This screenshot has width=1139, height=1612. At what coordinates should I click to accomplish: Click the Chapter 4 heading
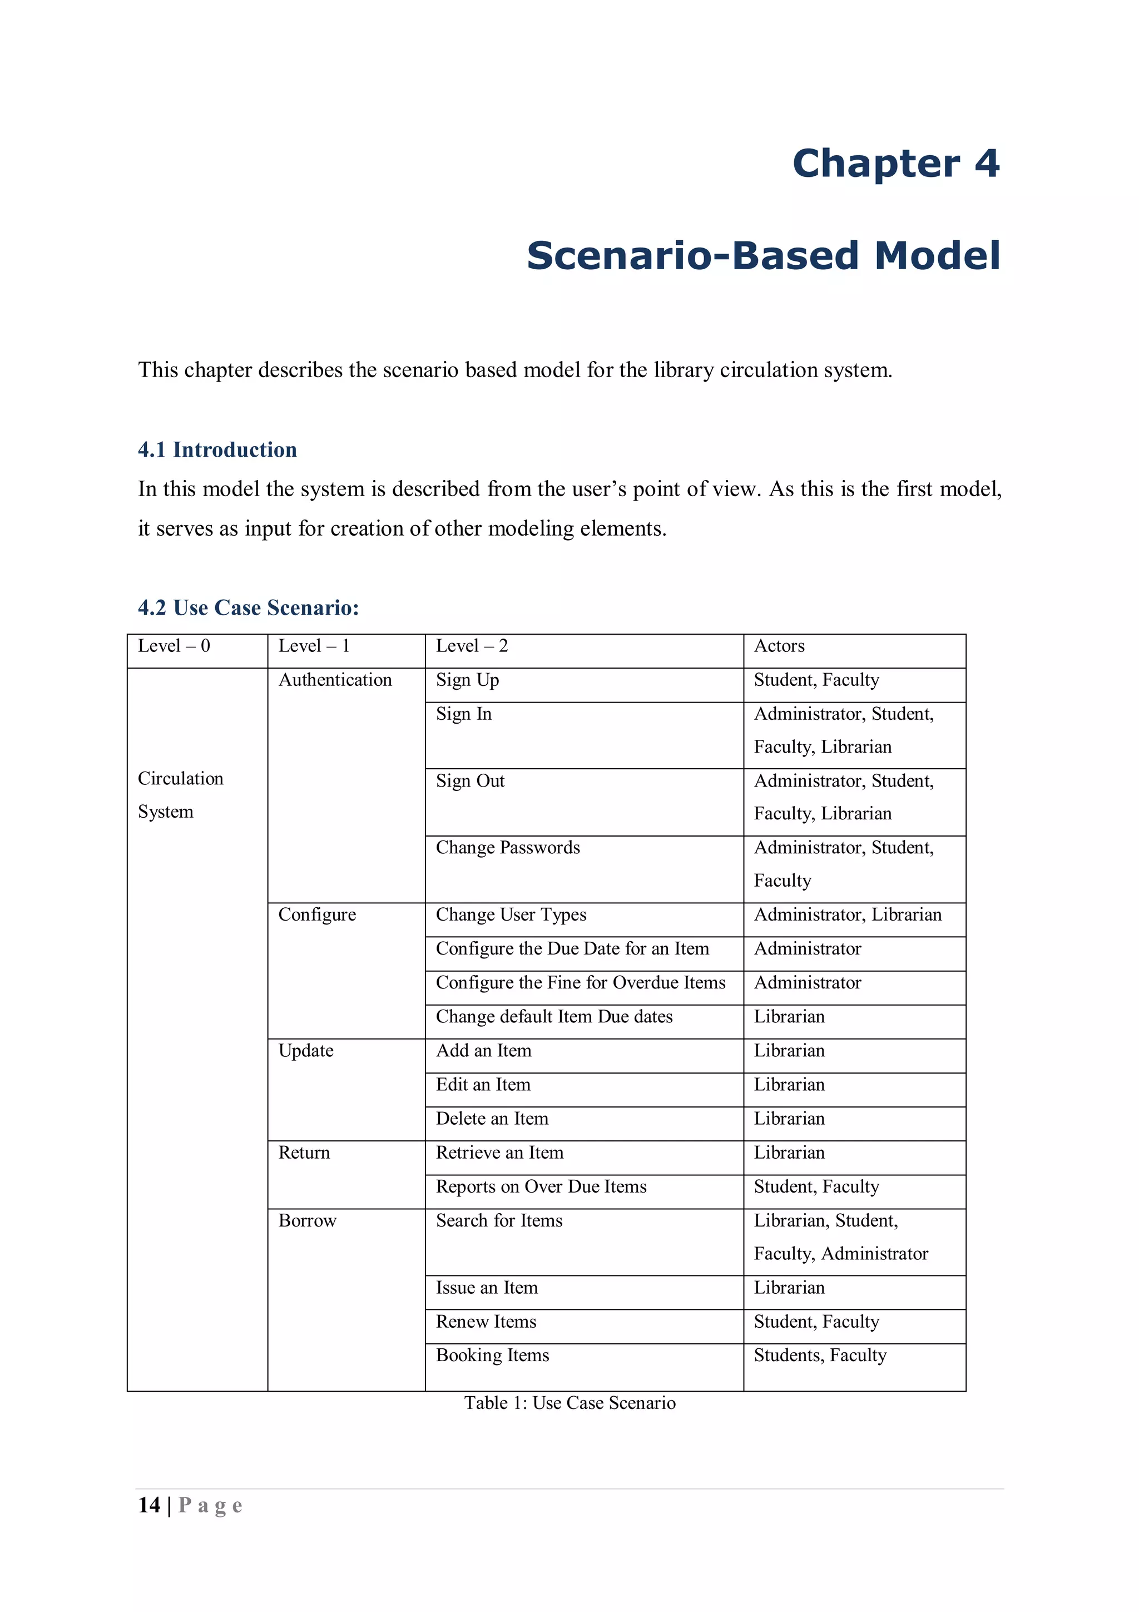(x=895, y=164)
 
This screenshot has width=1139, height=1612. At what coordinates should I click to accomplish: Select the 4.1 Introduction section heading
(x=217, y=449)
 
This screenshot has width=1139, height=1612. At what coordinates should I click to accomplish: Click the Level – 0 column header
(x=174, y=646)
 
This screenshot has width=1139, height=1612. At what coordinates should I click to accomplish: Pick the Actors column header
(x=779, y=646)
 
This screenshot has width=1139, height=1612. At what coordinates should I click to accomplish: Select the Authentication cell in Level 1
(x=335, y=680)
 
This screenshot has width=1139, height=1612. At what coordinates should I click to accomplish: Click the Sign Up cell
(x=467, y=680)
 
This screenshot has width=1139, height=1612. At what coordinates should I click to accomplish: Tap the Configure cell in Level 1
(x=316, y=914)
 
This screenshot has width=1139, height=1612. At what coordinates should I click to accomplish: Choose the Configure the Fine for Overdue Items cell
(x=581, y=982)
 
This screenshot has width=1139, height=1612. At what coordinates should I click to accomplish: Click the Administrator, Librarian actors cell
(x=847, y=914)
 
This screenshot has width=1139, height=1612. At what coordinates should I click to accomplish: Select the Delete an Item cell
(x=492, y=1119)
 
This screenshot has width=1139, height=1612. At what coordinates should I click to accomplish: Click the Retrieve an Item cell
(x=499, y=1152)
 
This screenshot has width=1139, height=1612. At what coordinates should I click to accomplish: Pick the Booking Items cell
(x=492, y=1355)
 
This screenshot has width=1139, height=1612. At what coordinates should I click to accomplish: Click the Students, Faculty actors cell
(x=820, y=1355)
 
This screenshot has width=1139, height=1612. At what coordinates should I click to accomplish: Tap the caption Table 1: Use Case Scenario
(x=569, y=1403)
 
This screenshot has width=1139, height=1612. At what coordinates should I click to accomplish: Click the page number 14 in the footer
(x=149, y=1505)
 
